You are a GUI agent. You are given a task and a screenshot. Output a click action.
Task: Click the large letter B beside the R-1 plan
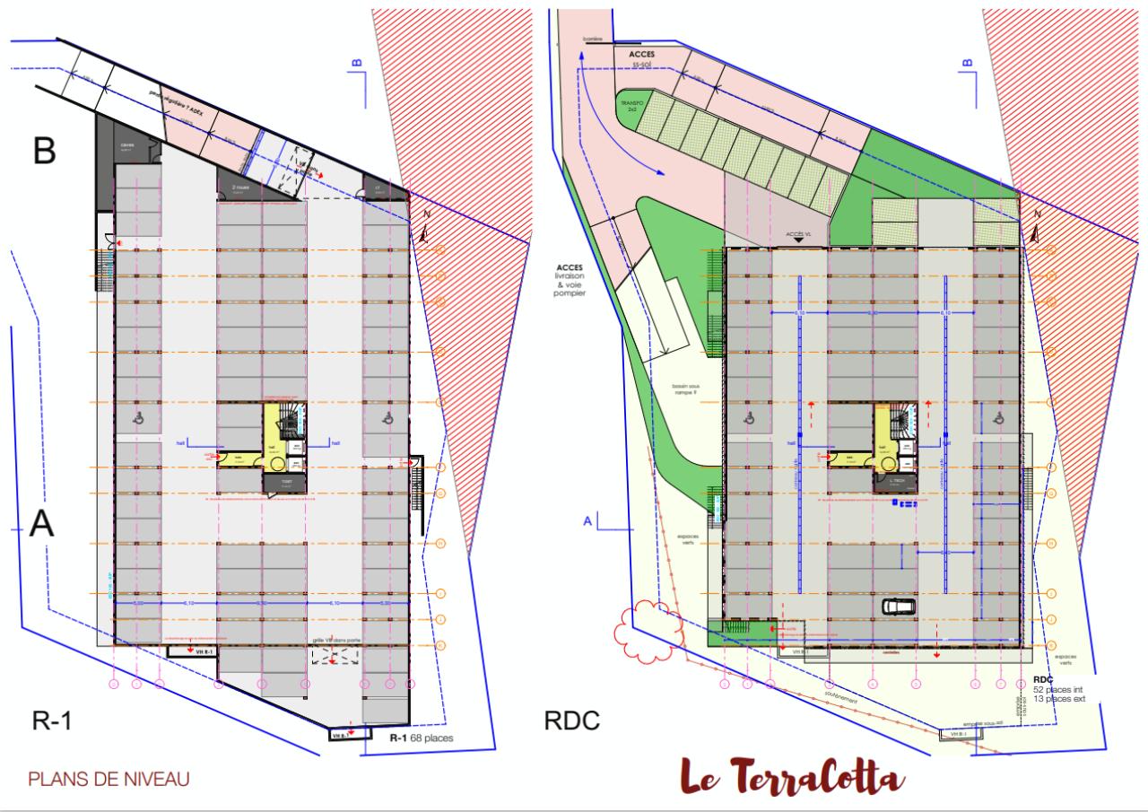pos(46,152)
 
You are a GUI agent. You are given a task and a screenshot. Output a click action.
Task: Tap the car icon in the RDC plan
pos(899,606)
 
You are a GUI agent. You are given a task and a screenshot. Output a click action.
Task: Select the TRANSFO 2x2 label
pos(634,108)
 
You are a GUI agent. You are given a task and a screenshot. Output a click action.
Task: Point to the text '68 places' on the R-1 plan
pos(433,738)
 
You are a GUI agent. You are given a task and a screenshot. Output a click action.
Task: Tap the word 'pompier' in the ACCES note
pos(570,293)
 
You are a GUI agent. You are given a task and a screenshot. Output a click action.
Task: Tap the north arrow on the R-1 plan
pos(424,231)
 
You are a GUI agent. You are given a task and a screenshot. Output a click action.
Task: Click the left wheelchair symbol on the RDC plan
pos(747,417)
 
